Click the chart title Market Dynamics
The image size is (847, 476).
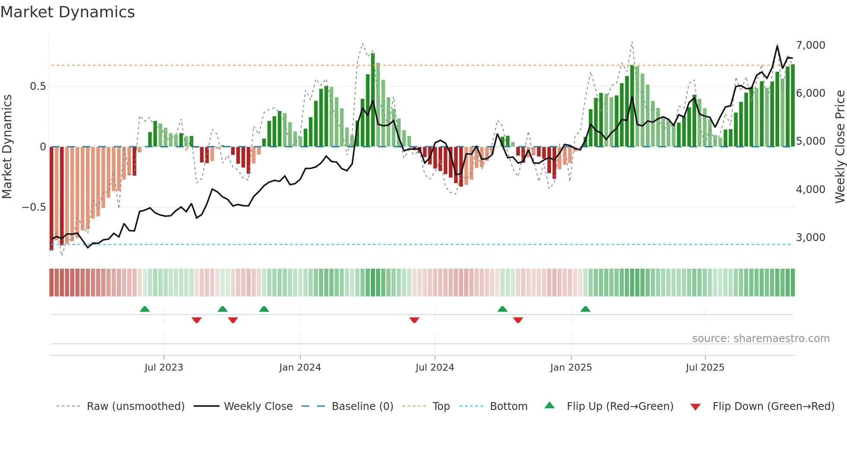pyautogui.click(x=67, y=12)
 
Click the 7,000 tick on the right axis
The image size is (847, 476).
pyautogui.click(x=810, y=45)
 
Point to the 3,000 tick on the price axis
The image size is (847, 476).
pyautogui.click(x=810, y=238)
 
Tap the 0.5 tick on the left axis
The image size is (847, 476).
pyautogui.click(x=38, y=86)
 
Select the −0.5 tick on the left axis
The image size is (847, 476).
pyautogui.click(x=34, y=207)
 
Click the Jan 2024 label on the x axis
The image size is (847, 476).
pyautogui.click(x=300, y=368)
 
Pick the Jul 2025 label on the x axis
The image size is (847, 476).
pyautogui.click(x=705, y=368)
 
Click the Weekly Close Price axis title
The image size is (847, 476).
pyautogui.click(x=840, y=146)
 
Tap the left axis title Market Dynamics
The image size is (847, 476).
pyautogui.click(x=7, y=146)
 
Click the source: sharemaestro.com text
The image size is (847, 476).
pyautogui.click(x=761, y=339)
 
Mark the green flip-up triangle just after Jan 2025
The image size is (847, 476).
pyautogui.click(x=585, y=309)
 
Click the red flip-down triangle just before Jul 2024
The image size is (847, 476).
pyautogui.click(x=414, y=320)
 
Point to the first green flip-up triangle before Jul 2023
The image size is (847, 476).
pyautogui.click(x=145, y=309)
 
